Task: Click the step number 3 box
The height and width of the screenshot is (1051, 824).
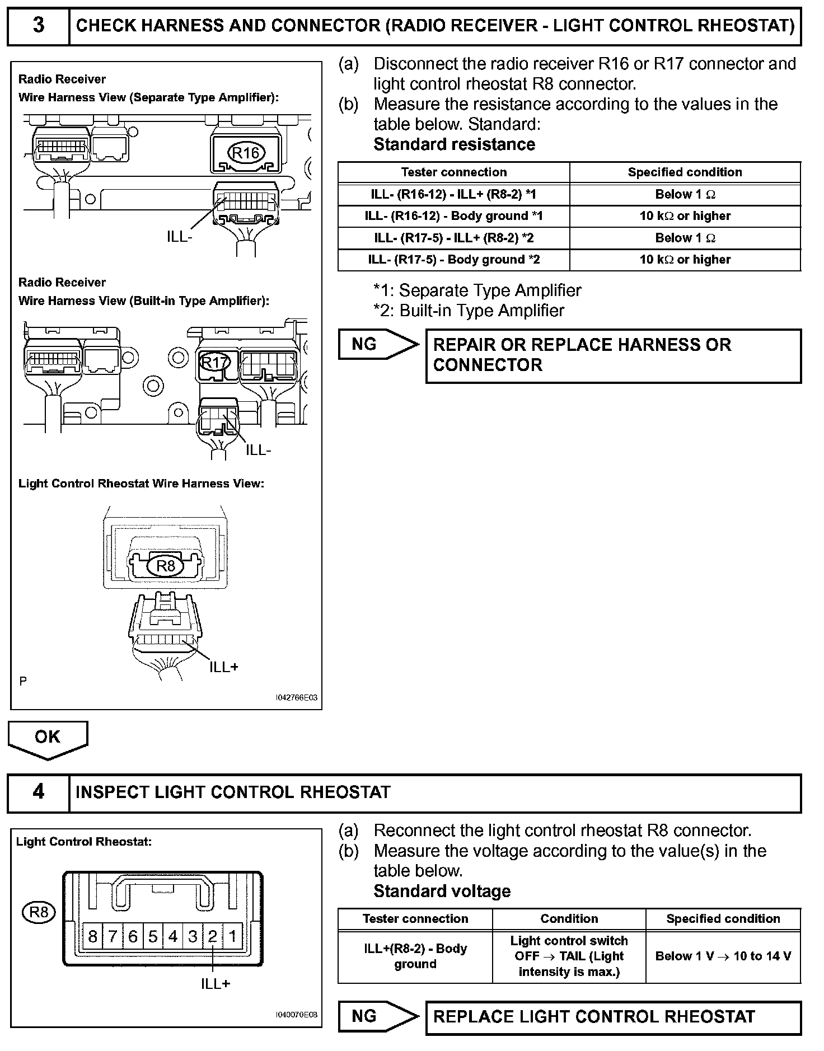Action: tap(38, 25)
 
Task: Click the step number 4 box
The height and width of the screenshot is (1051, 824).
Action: tap(38, 792)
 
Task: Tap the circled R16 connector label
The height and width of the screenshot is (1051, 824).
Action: tap(246, 153)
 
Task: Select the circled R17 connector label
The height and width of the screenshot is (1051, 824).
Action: tap(214, 363)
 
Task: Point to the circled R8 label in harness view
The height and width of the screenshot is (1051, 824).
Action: tap(166, 566)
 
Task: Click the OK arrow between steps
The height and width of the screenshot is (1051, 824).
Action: tap(48, 739)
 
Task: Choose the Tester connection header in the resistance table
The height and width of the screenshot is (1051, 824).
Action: tap(453, 172)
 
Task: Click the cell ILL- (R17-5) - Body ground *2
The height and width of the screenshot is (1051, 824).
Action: tap(453, 260)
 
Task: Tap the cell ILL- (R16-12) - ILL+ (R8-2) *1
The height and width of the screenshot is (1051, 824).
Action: tap(453, 194)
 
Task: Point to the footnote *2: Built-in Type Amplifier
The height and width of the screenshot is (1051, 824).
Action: tap(469, 311)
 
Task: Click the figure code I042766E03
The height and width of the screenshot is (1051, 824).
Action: tap(296, 698)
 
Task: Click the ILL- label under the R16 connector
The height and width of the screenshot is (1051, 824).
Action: tap(179, 237)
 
